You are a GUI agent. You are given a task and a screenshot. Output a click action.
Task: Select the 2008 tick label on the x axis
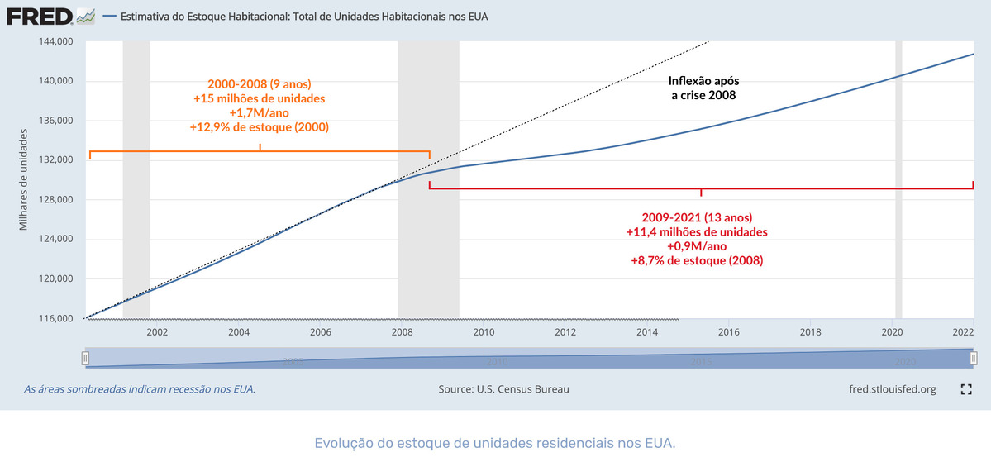pos(402,332)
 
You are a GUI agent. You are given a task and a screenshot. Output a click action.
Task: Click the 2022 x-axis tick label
pos(963,332)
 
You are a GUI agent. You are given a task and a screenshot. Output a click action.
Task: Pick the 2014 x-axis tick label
pos(647,332)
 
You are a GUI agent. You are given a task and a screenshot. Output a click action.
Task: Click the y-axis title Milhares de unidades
pos(24,179)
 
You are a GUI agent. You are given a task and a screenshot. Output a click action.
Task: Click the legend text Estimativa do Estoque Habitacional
pos(303,17)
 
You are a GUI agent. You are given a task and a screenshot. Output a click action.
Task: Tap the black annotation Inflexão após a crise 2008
pos(703,88)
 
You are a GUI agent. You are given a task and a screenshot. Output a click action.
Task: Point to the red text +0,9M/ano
pos(697,246)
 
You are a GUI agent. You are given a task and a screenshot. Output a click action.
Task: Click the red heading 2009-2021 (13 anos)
pos(697,217)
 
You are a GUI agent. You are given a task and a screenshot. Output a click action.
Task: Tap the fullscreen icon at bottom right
pos(965,389)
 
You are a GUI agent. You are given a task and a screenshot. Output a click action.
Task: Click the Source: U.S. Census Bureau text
pos(503,389)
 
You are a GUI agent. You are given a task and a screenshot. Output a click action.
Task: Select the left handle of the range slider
pos(84,358)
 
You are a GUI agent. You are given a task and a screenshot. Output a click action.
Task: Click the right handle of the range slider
pos(974,358)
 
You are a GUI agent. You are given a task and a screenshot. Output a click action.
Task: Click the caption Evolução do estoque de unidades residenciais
pos(495,443)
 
